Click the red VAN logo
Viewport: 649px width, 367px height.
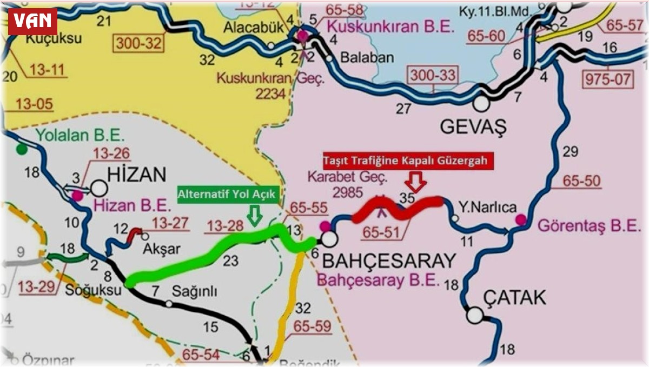[x=32, y=22]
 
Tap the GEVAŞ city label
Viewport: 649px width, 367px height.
[x=473, y=128]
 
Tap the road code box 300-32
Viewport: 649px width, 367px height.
[x=139, y=43]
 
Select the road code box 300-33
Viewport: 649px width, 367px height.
[x=433, y=75]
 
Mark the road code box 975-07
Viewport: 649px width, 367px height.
[x=606, y=79]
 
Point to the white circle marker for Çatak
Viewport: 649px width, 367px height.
[x=475, y=315]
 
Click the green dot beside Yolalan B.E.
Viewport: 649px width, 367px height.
[x=21, y=148]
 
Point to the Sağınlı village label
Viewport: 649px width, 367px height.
[x=195, y=291]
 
